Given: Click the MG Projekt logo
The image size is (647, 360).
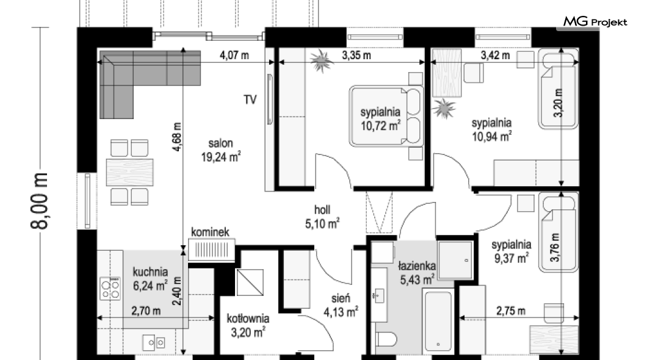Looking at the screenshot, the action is (595, 22).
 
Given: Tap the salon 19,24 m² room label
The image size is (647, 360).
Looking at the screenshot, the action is (221, 150).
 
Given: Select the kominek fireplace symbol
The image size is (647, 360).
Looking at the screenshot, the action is (212, 250).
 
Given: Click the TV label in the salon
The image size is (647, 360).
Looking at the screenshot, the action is (250, 100).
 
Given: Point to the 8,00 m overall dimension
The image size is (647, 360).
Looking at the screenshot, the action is (40, 201).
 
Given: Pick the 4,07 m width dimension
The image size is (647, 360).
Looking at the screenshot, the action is (234, 55).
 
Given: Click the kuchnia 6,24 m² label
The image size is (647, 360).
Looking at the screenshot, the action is (150, 279).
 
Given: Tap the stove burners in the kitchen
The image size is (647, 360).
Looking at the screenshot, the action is (110, 288).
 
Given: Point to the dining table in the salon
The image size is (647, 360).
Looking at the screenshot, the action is (129, 172).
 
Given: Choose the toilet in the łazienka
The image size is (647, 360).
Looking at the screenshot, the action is (386, 339).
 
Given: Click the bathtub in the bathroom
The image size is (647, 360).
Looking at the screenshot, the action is (438, 321).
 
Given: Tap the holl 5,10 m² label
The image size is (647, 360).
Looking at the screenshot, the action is (322, 217).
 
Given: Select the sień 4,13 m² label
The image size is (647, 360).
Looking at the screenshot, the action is (341, 306).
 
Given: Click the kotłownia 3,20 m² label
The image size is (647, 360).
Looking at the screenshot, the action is (248, 325).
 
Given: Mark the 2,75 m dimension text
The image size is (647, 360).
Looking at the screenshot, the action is (511, 311).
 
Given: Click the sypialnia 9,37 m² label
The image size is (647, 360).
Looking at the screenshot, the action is (511, 251).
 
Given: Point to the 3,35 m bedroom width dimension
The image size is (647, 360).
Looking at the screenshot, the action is (356, 55).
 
